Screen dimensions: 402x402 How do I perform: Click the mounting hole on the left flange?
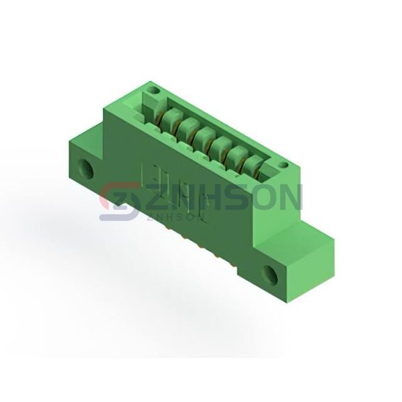[87, 169]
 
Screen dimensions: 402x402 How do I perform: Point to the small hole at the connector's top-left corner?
[153, 90]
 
